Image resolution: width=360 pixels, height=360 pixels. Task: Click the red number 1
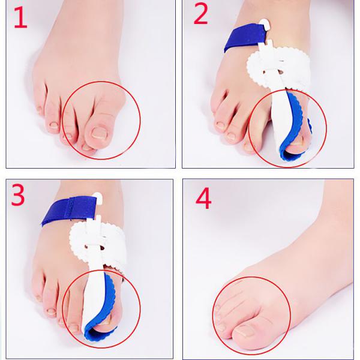pos(20,17)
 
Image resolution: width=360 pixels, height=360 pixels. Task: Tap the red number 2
pos(200,14)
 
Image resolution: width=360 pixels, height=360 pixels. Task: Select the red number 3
pos(17,195)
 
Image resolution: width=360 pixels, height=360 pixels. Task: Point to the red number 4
pos(203,198)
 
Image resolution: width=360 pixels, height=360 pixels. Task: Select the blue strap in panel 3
pos(68,211)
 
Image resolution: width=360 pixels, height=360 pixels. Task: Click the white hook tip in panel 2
pos(266,24)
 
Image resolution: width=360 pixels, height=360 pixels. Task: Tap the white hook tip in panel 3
pos(98,196)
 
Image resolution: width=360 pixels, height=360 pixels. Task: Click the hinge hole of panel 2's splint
pos(281,72)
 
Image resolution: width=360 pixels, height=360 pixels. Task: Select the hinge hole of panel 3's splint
pos(102,248)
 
